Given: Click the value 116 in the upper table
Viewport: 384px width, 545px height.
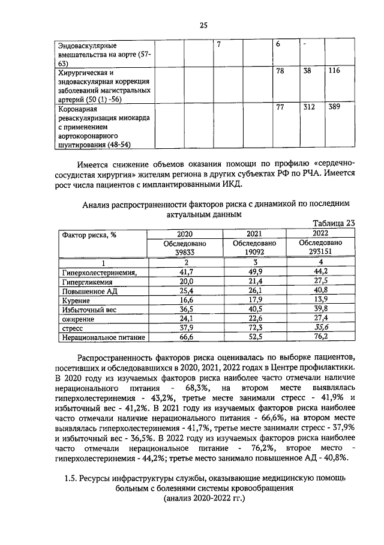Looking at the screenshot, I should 334,71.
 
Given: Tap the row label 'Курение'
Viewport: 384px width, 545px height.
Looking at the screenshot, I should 76,300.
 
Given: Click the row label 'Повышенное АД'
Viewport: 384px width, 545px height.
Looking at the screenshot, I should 87,291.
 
